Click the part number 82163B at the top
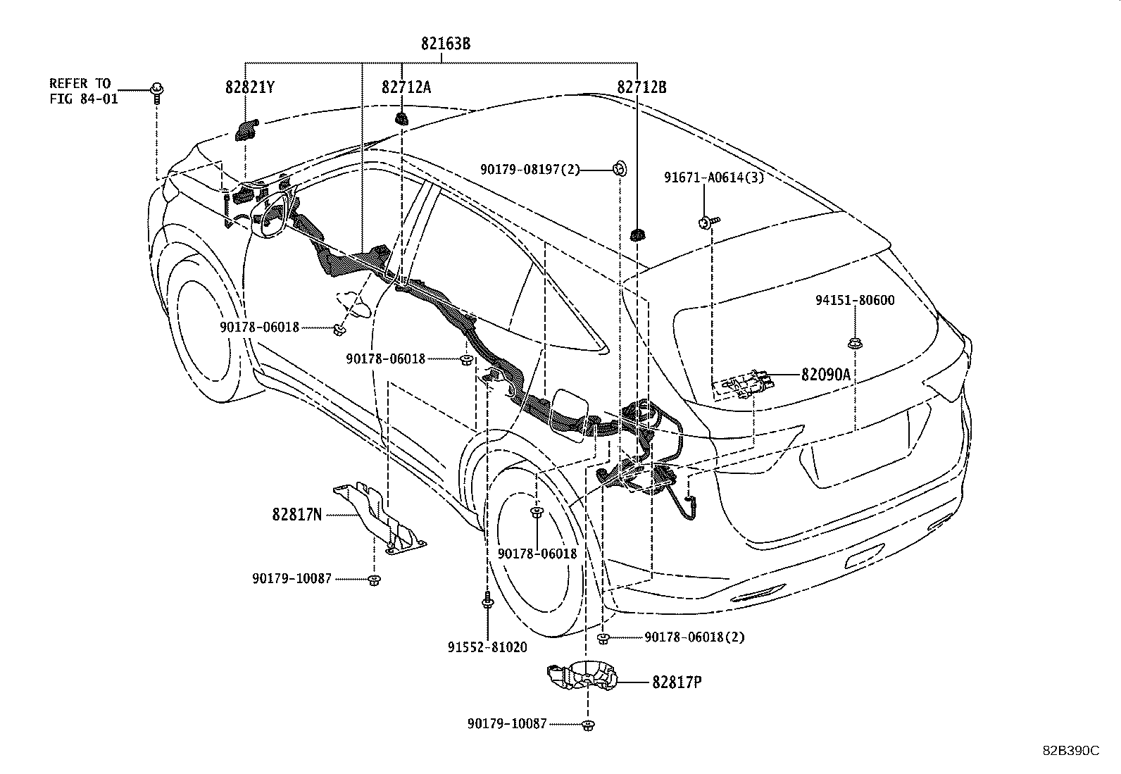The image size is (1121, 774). click(446, 44)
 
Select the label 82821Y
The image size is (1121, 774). click(250, 87)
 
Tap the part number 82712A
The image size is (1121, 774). click(406, 87)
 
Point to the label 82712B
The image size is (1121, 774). click(641, 87)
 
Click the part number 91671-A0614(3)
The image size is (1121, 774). click(713, 178)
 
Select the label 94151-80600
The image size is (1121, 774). click(855, 301)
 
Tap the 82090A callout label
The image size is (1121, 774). click(825, 375)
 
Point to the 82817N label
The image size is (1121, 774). click(296, 515)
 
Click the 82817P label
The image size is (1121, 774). click(677, 682)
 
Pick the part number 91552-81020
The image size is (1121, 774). click(487, 647)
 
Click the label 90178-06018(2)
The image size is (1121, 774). click(694, 637)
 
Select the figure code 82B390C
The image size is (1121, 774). click(1071, 751)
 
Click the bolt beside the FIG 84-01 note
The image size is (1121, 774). click(156, 92)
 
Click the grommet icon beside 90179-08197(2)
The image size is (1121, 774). click(619, 169)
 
